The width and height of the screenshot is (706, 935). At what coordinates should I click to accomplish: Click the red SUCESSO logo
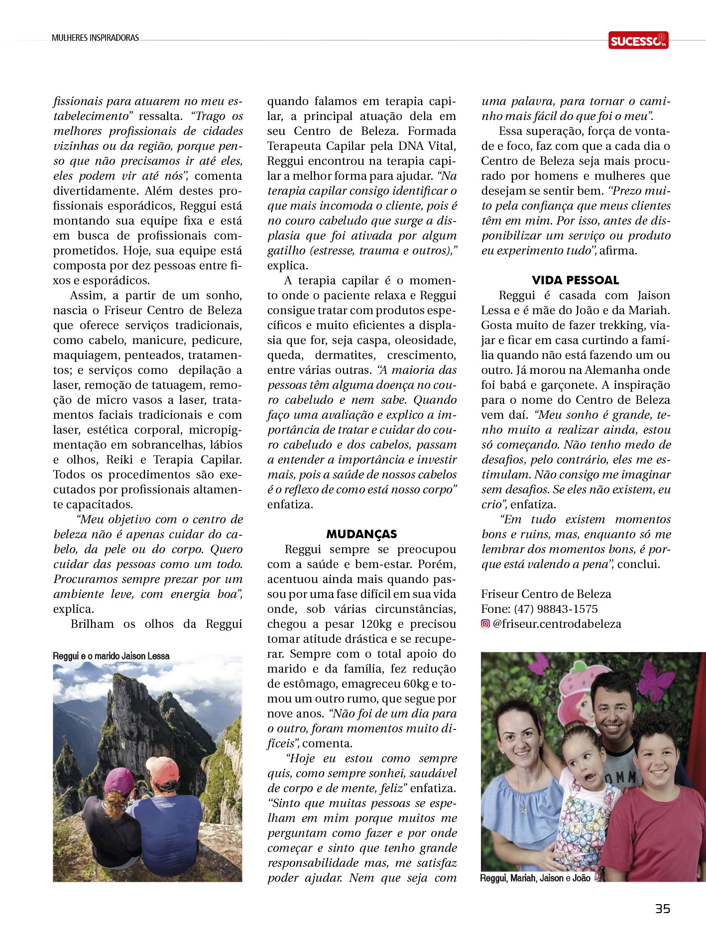pyautogui.click(x=638, y=40)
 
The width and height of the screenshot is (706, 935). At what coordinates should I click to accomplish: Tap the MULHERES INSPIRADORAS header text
pyautogui.click(x=95, y=38)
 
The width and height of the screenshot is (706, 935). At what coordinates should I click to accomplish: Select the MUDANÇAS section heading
pyautogui.click(x=361, y=534)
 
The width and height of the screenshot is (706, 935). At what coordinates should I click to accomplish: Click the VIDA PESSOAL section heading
pyautogui.click(x=575, y=280)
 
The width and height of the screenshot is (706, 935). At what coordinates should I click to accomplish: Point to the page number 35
pyautogui.click(x=662, y=909)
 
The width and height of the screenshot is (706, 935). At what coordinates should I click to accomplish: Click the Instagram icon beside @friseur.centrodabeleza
pyautogui.click(x=485, y=624)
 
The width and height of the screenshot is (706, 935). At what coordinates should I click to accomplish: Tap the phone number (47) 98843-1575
pyautogui.click(x=556, y=609)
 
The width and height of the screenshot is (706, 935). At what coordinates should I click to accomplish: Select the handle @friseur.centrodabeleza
pyautogui.click(x=557, y=624)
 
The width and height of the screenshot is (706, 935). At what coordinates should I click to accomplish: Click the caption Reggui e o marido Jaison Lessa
pyautogui.click(x=111, y=656)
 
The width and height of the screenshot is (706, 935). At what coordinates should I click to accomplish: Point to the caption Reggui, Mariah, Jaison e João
pyautogui.click(x=535, y=878)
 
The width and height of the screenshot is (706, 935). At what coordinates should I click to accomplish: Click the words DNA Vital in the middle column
pyautogui.click(x=427, y=146)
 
